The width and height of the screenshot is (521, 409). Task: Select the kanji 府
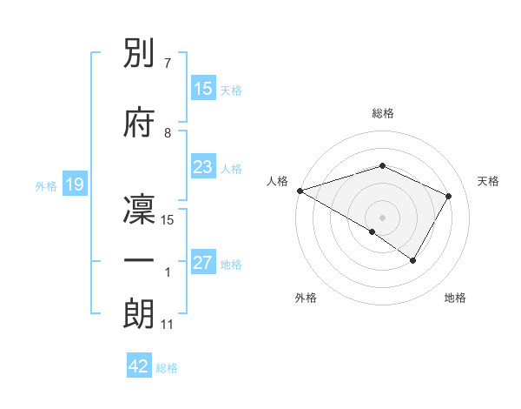140,123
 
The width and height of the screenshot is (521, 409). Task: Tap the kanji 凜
140,209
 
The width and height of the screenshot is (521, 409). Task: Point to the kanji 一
140,261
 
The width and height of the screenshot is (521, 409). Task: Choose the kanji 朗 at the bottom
140,314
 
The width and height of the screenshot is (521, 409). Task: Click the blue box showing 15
203,89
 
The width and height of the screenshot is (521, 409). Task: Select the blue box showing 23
203,167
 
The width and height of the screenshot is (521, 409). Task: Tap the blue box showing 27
203,263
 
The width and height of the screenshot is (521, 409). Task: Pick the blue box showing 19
74,184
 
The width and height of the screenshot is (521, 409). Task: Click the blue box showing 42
139,366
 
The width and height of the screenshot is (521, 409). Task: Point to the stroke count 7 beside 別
167,64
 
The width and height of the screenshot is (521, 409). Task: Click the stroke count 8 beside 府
167,132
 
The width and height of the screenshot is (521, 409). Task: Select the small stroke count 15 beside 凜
168,219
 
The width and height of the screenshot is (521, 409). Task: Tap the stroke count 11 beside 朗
168,324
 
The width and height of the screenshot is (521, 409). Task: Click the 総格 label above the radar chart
382,113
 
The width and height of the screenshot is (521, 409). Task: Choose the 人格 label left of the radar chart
278,181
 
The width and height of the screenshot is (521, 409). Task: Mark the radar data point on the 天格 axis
449,196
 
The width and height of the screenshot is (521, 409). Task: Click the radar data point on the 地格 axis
413,260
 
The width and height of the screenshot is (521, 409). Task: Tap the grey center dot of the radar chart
382,217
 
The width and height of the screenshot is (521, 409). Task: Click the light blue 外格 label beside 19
46,185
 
